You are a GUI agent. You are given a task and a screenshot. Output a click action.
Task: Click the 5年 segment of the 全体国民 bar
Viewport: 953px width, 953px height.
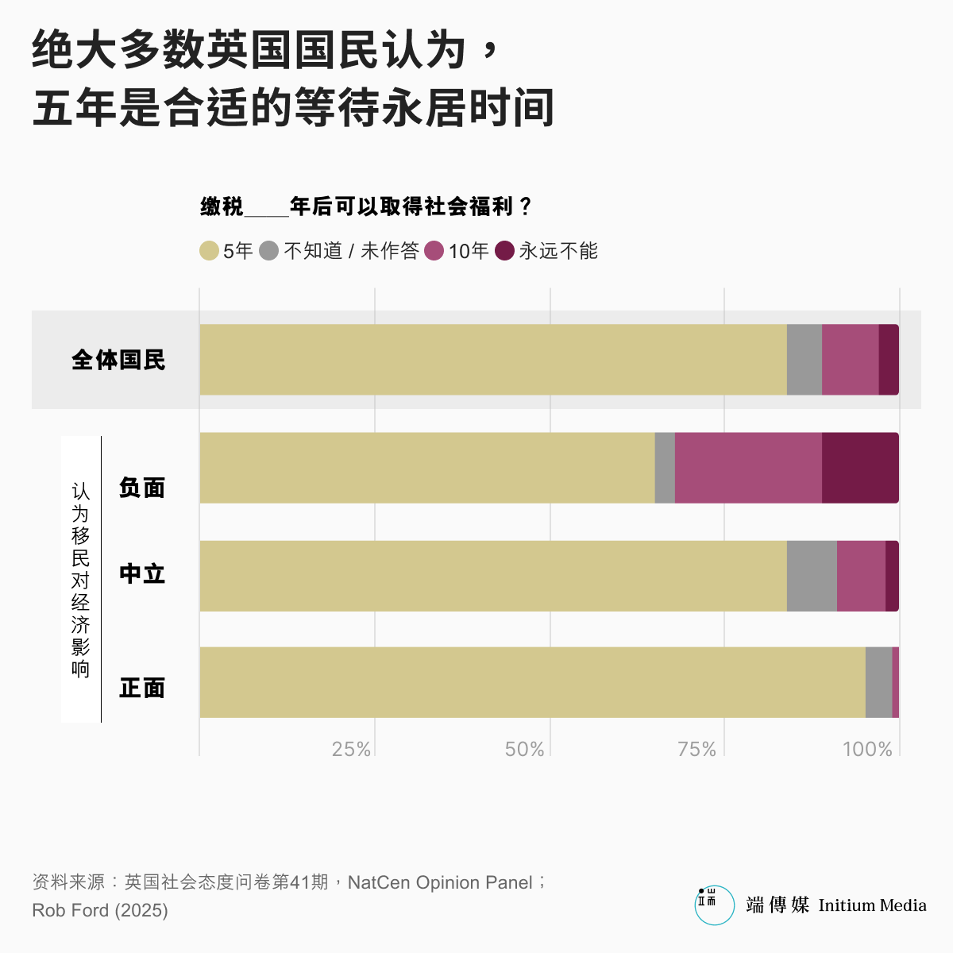492,359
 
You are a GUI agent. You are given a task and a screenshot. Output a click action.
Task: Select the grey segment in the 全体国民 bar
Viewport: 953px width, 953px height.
804,359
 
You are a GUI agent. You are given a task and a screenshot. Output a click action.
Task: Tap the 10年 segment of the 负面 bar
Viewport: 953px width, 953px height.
748,468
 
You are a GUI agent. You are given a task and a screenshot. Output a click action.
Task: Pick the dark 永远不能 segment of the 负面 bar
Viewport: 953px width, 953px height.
860,468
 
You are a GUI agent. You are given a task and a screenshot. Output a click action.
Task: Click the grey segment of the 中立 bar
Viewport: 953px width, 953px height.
812,576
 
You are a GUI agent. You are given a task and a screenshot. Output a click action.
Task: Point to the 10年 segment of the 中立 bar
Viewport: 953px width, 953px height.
861,576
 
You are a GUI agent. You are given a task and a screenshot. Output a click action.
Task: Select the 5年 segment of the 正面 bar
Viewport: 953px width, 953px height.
532,682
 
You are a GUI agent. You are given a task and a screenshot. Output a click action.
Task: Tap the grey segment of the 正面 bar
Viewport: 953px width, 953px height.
878,682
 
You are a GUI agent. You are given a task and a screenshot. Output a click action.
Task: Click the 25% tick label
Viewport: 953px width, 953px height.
351,749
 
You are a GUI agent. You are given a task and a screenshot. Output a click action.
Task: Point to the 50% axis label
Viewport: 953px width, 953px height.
524,749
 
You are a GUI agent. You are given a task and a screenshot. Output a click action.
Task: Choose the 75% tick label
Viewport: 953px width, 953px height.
696,749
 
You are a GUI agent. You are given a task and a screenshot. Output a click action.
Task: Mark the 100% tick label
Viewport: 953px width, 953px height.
867,749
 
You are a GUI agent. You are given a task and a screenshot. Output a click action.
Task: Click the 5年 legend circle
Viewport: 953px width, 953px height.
209,251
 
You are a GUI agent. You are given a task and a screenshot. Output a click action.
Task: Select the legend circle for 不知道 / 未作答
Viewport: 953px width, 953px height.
269,251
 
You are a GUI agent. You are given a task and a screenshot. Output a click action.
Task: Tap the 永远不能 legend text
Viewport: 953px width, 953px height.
558,251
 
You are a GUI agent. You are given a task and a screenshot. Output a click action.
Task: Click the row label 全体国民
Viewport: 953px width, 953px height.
118,360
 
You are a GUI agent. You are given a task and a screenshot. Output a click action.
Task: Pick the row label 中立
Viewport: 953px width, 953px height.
142,573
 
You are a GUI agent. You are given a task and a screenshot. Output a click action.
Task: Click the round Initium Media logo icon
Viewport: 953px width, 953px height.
714,905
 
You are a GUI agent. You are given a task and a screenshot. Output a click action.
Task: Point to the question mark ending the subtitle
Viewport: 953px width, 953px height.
524,207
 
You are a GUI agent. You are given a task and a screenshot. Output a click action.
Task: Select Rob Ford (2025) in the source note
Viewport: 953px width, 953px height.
100,910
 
